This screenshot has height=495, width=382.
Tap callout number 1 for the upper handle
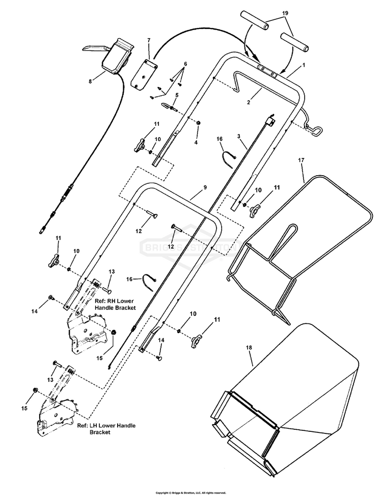coord(304,65)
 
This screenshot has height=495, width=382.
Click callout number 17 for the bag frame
coord(301,160)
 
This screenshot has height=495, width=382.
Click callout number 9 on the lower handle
coord(205,188)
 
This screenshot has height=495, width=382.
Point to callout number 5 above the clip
coord(176,95)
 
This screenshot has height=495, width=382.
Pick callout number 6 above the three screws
coord(185,64)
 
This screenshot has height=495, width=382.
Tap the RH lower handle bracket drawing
coord(89,334)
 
